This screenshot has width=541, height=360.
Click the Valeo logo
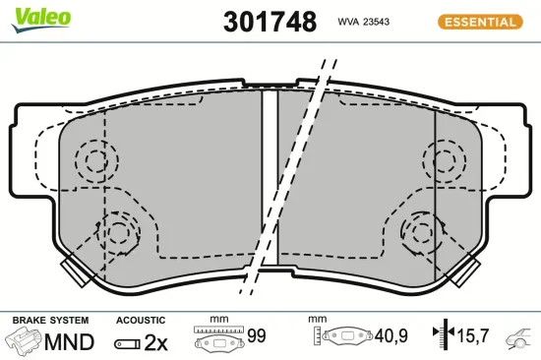point(41,16)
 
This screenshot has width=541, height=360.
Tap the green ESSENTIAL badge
point(480,21)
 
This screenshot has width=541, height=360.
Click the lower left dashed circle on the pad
point(119,232)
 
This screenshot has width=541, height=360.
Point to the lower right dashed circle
point(421,232)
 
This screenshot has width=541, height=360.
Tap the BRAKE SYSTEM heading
point(50,321)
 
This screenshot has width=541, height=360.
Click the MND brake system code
point(71,342)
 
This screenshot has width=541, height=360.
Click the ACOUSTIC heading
point(141,321)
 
